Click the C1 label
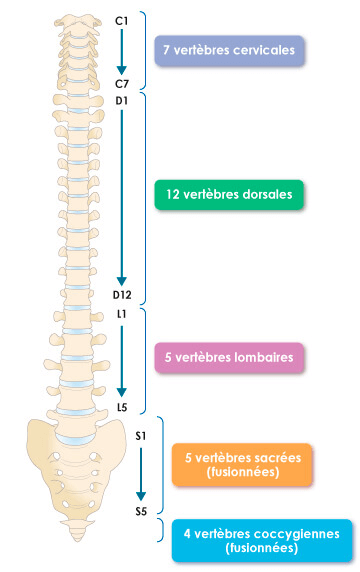[x=121, y=21]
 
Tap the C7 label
[x=122, y=84]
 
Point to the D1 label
[x=121, y=101]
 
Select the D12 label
[x=122, y=295]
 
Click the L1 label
[x=121, y=314]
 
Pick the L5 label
[x=122, y=407]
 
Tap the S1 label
[x=141, y=436]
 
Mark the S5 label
[x=141, y=511]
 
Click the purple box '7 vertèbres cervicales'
[x=229, y=51]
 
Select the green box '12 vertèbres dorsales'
[x=229, y=195]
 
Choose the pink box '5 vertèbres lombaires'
[x=229, y=358]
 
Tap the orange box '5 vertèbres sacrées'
[x=242, y=465]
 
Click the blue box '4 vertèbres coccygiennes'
[x=262, y=541]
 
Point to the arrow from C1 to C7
[x=121, y=52]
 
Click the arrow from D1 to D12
[x=121, y=197]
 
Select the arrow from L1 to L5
[x=121, y=361]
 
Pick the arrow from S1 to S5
[x=141, y=474]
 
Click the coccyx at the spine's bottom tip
[x=78, y=531]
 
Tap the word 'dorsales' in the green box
[x=267, y=194]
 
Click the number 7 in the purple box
[x=166, y=50]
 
